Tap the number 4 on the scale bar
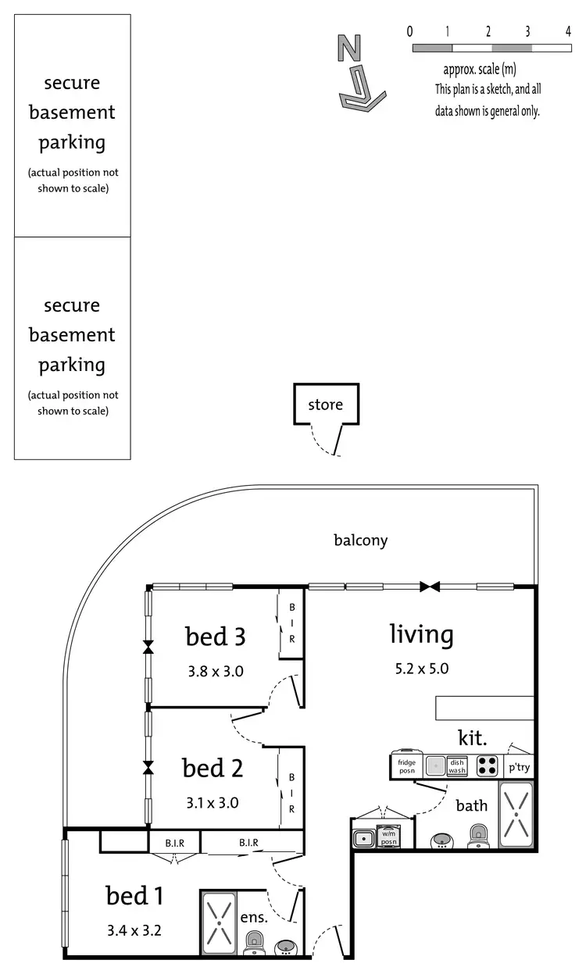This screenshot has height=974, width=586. coord(567,32)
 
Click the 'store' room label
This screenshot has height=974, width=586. coord(325,405)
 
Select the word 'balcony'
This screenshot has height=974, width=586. coord(360,540)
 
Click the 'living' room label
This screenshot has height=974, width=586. coord(421,634)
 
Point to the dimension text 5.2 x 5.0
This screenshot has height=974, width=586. coord(421,669)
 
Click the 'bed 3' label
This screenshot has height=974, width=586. coord(216,637)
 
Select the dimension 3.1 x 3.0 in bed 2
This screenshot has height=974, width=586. coord(213,801)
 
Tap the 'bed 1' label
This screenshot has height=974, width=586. coord(134,896)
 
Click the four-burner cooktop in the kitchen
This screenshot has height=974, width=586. coord(488,765)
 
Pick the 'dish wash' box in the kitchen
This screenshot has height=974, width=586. coord(457,766)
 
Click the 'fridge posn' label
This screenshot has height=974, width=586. coord(406,766)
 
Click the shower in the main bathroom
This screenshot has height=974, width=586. coord(515,814)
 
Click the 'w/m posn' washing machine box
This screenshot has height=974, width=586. coord(388,838)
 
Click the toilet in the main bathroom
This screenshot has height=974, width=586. coord(476,837)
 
